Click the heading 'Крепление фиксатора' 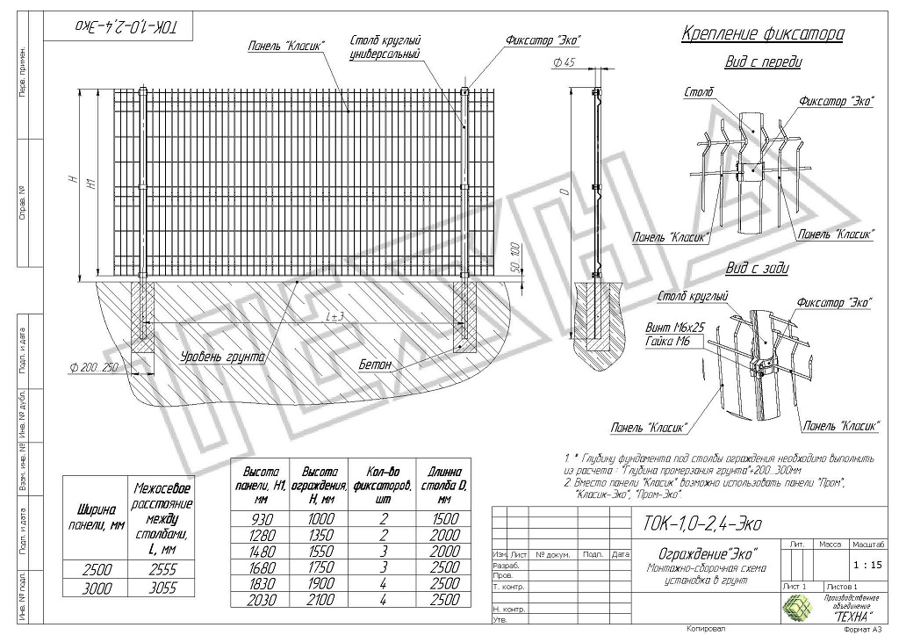[x=762, y=35]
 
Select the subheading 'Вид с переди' [x=763, y=63]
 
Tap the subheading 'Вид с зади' [x=756, y=269]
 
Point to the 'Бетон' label [x=376, y=364]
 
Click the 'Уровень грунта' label [x=223, y=357]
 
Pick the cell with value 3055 [x=162, y=590]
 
